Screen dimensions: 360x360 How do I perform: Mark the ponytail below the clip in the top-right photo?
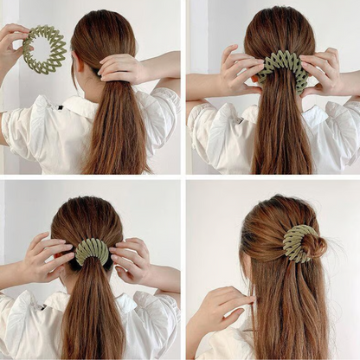click(280, 130)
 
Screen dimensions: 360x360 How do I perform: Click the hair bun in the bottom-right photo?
click(313, 246)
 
